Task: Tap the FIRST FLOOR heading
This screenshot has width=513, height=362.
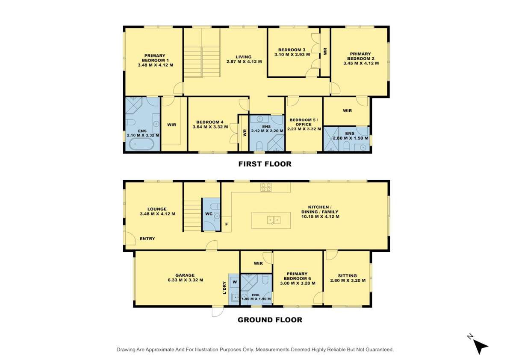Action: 265,164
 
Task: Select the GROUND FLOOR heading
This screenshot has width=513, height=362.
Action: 270,320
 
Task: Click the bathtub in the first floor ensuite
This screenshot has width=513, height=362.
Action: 142,144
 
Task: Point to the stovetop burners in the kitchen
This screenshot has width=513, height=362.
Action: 266,187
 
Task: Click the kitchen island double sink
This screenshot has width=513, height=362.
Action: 274,220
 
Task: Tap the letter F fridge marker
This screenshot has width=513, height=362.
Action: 226,225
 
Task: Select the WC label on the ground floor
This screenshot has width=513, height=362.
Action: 209,214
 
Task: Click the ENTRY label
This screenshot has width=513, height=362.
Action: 147,239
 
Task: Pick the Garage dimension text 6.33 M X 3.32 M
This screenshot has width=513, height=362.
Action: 185,280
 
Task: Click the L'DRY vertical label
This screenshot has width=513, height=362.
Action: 224,287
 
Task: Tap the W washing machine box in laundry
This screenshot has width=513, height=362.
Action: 235,282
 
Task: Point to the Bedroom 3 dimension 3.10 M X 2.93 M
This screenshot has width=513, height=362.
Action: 292,55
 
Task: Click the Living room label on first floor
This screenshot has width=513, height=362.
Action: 243,57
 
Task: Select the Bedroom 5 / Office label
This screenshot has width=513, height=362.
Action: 304,122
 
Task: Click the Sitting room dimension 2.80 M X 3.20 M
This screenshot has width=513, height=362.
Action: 348,280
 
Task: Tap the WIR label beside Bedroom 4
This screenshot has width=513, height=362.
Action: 171,125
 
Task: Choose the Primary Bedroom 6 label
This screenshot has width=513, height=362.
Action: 297,276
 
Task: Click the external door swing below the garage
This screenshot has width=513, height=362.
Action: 218,312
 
